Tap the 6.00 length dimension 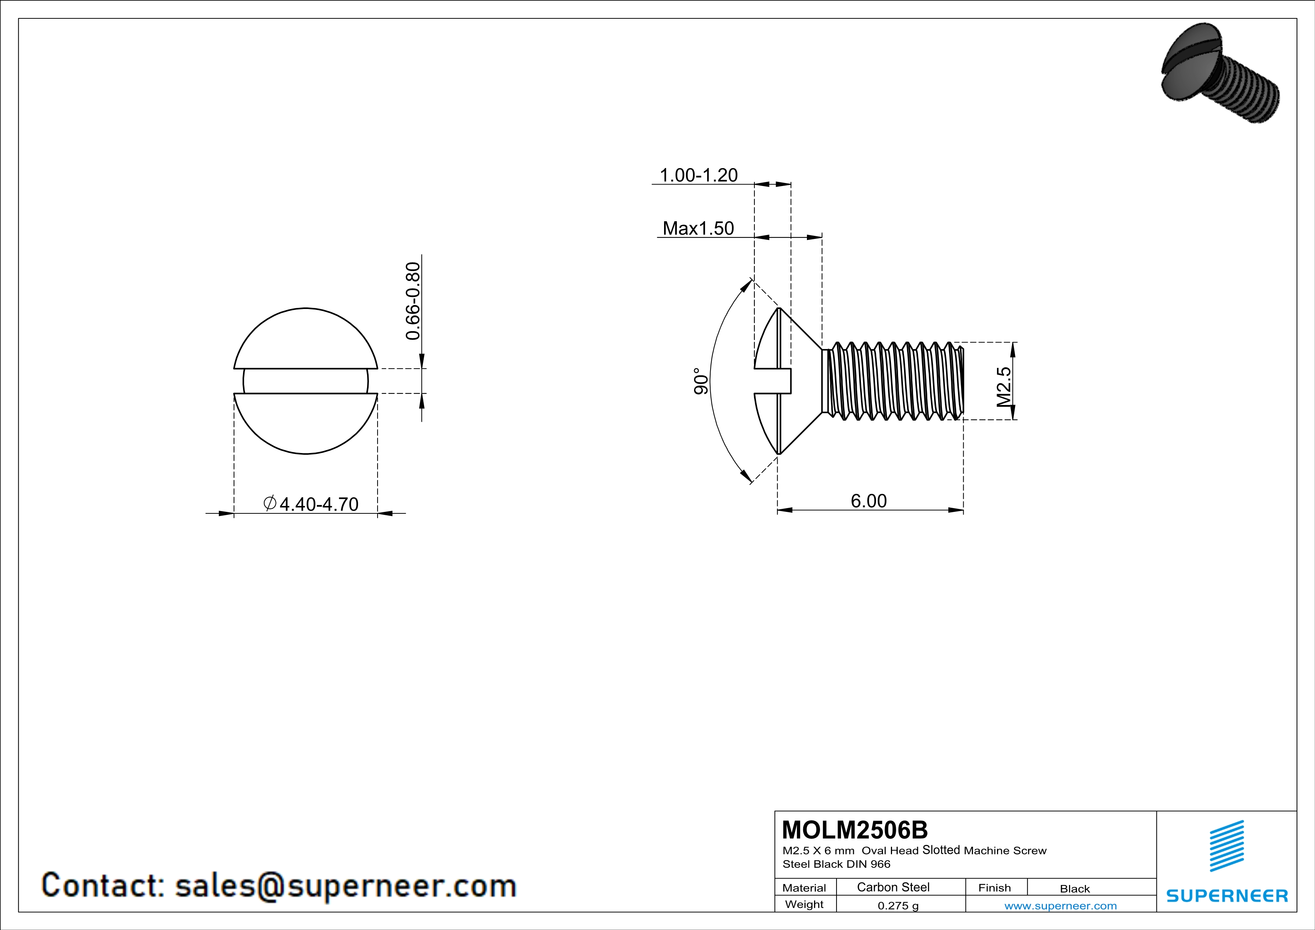tap(868, 501)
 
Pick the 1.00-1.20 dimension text tap(698, 175)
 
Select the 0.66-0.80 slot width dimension tap(413, 301)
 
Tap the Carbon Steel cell tap(893, 887)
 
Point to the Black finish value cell tap(1074, 889)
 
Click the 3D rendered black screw tap(1220, 80)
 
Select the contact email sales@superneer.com tap(345, 886)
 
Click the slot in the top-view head tap(305, 381)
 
